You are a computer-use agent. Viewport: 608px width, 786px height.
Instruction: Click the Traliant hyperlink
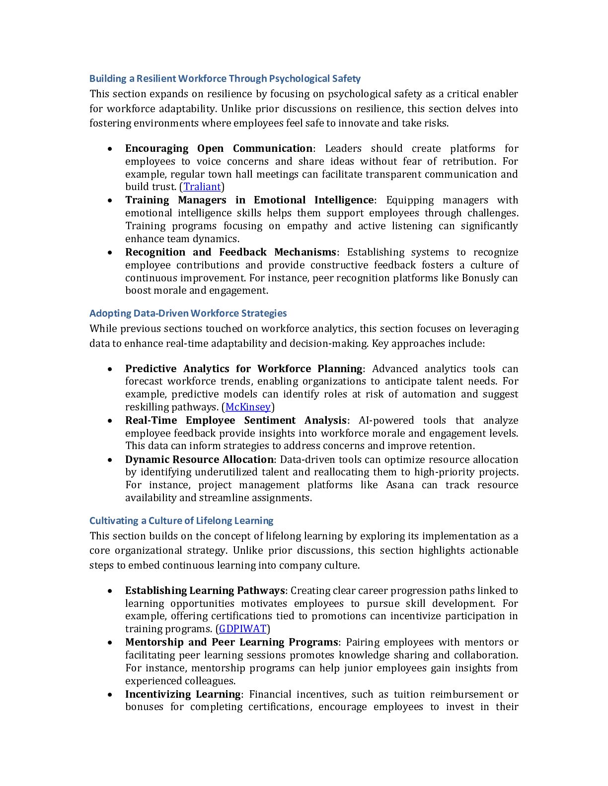(202, 187)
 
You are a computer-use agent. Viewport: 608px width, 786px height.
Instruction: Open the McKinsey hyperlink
(248, 407)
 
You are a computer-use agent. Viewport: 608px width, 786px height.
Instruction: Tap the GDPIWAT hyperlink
(242, 629)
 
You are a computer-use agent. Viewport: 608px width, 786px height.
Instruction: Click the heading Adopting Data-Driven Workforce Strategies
(188, 314)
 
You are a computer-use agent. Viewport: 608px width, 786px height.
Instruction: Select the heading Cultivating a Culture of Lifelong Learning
(181, 521)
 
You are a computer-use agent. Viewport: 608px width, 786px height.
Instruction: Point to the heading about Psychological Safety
(225, 79)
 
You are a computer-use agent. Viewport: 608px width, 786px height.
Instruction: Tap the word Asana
(400, 485)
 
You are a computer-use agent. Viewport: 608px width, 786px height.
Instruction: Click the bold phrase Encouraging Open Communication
(219, 149)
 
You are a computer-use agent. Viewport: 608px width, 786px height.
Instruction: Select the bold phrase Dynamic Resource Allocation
(199, 459)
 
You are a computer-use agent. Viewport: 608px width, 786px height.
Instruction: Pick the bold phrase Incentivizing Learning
(182, 695)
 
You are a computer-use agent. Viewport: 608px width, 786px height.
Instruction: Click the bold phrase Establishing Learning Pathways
(205, 591)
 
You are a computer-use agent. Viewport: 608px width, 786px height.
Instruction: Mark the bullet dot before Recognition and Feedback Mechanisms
(110, 253)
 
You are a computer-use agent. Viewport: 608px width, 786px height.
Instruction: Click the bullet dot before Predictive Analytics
(110, 369)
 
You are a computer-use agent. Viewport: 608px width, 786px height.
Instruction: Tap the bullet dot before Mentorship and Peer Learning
(110, 643)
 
